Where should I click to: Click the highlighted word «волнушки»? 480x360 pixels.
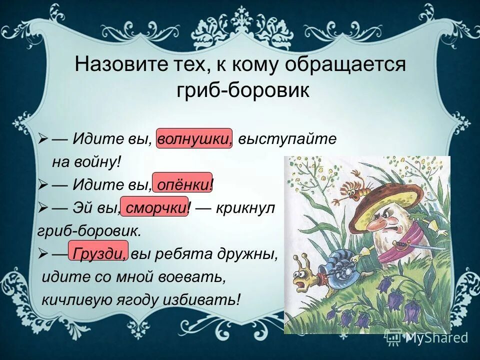click(x=194, y=139)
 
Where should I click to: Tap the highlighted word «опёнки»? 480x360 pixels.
click(x=182, y=184)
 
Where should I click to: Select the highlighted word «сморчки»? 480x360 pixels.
click(x=155, y=208)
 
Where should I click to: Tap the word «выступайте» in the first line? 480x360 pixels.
click(x=287, y=139)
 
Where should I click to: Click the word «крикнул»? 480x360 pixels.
click(x=245, y=208)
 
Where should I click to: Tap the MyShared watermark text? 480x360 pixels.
click(x=436, y=338)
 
